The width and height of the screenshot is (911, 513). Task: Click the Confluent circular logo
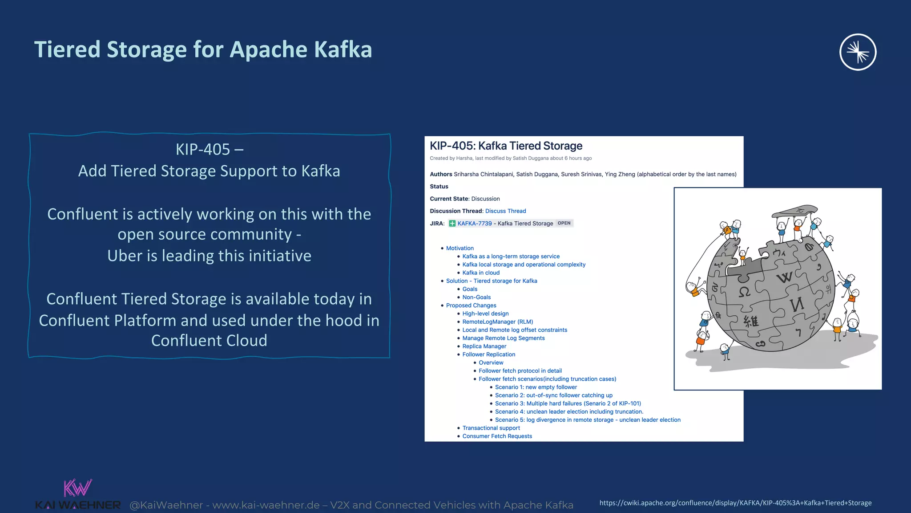click(x=858, y=52)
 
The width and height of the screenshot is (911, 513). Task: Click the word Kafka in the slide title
click(x=343, y=49)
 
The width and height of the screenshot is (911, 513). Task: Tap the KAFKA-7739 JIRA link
click(x=474, y=224)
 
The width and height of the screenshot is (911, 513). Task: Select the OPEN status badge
click(x=564, y=223)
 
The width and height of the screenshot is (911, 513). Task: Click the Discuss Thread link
click(x=505, y=211)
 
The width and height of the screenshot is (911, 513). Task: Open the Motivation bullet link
click(x=460, y=248)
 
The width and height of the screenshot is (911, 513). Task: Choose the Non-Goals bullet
click(x=476, y=297)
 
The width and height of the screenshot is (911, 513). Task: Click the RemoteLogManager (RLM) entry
click(x=497, y=322)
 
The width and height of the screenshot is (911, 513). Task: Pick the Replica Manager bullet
click(x=484, y=346)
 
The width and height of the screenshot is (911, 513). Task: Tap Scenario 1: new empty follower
click(x=536, y=387)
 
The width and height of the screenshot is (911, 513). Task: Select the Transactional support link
click(x=491, y=428)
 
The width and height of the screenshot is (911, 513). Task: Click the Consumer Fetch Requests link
click(x=497, y=436)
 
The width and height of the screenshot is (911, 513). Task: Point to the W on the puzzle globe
click(x=784, y=277)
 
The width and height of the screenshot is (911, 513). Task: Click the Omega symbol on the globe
click(x=744, y=292)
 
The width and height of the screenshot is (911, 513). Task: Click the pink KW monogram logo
click(x=77, y=488)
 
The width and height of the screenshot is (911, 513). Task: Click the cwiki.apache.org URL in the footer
click(x=735, y=503)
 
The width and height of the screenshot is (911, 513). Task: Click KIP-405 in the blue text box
click(x=203, y=150)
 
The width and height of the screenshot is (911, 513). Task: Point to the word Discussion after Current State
click(x=485, y=199)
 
